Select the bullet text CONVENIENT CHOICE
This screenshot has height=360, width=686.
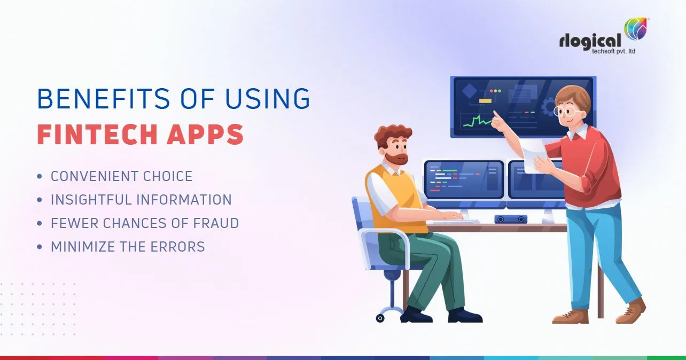pos(121,176)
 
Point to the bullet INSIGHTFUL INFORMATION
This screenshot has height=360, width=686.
pos(141,200)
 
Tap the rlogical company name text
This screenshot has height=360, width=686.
pos(590,41)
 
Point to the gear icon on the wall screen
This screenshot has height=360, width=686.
pos(549,107)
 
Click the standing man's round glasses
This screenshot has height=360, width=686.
pos(565,111)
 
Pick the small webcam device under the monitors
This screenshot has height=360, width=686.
pos(510,219)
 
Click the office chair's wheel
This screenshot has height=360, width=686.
pos(380,318)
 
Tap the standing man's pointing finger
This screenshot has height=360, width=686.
pos(495,114)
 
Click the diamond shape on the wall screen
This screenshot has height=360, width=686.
pos(469,91)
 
